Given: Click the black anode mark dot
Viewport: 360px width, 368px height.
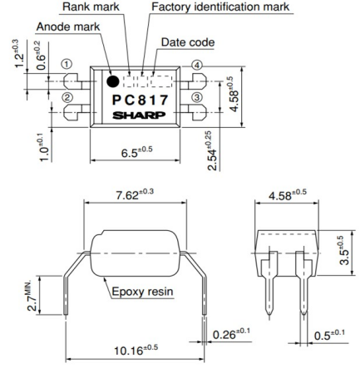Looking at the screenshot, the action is [113, 81].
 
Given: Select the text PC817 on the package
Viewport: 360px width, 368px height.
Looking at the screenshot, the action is [141, 101].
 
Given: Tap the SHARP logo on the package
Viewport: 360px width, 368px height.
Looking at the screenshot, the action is [139, 115].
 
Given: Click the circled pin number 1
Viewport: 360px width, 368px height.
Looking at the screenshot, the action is [67, 64].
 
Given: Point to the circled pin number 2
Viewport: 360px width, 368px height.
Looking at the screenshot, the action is [67, 97].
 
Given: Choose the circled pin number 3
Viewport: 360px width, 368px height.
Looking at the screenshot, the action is [196, 97].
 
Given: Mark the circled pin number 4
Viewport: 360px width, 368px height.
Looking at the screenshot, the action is [197, 66].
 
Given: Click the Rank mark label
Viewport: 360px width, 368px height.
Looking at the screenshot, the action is [91, 7].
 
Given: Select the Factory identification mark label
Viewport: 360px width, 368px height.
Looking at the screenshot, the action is [220, 7].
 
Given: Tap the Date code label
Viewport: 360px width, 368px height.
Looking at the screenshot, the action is [188, 42].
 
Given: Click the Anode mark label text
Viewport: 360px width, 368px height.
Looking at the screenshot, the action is [68, 27].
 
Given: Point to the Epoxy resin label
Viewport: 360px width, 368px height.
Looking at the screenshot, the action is [142, 292].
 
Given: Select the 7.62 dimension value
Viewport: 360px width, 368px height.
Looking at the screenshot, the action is [135, 194].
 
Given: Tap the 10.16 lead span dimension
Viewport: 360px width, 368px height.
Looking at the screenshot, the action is [136, 350].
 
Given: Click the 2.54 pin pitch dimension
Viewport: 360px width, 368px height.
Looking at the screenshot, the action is [213, 150].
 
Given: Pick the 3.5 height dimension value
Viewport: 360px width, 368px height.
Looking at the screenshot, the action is [344, 250].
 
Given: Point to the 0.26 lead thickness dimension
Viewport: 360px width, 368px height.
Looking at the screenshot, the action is [231, 334].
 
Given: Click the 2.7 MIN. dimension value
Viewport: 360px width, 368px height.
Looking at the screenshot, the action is [32, 295].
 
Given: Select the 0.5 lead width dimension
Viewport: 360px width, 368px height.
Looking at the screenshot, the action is [329, 335].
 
